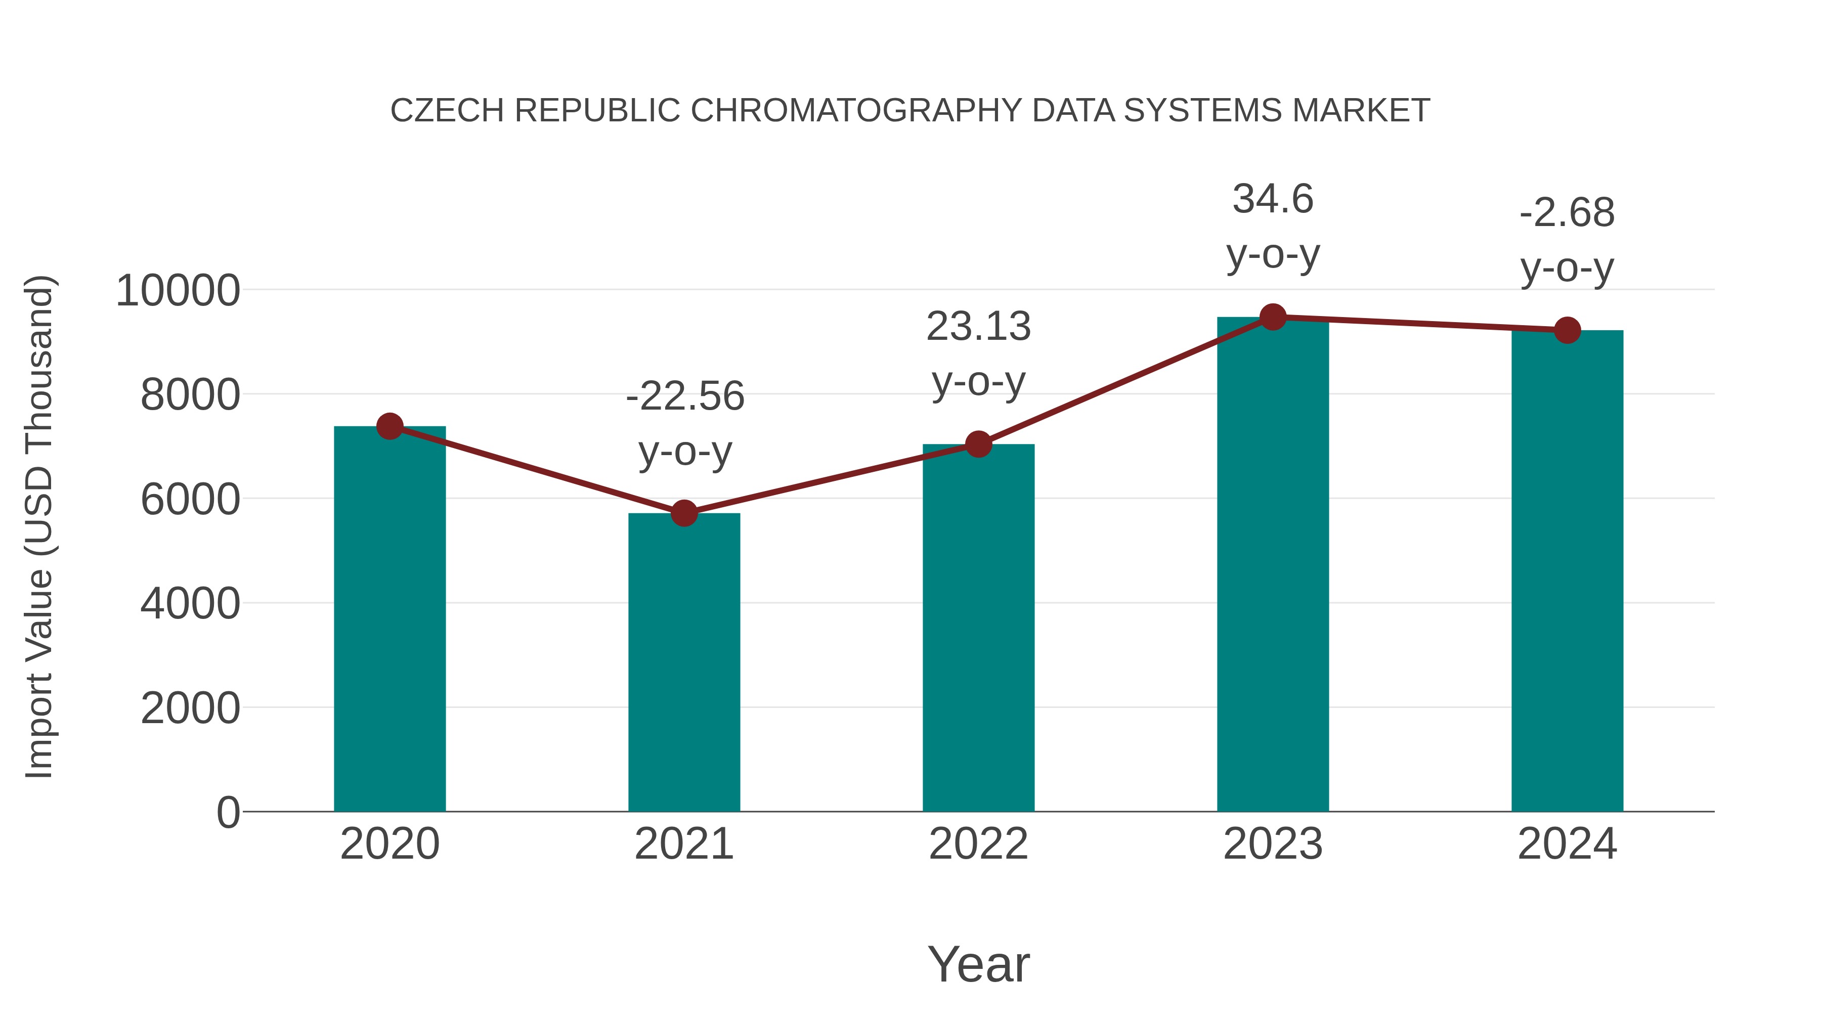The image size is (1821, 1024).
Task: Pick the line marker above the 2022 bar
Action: point(978,444)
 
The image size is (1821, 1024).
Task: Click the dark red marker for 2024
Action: point(1567,330)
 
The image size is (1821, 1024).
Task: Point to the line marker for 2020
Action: point(389,426)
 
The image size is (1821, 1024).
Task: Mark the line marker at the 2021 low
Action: point(683,513)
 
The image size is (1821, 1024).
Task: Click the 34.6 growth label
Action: point(1273,199)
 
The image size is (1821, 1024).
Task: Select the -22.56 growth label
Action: point(684,396)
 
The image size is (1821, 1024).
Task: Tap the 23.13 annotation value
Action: point(978,327)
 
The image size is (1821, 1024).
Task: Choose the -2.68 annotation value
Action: point(1567,213)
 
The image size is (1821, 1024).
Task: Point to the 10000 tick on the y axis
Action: point(178,290)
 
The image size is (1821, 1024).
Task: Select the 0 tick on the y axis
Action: point(228,812)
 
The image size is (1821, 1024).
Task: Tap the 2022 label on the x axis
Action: point(978,844)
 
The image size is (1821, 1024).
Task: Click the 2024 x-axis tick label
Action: point(1567,844)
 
